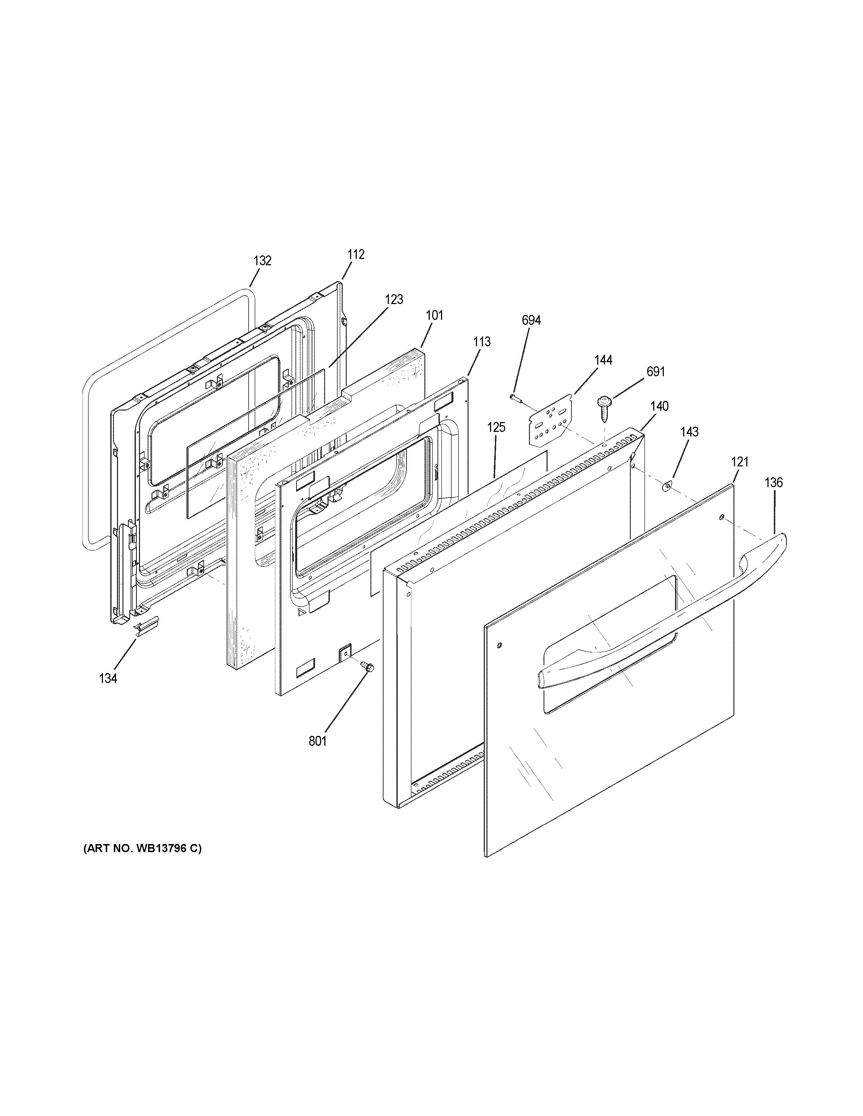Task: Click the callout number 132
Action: [x=262, y=261]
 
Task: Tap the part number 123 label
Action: [x=394, y=299]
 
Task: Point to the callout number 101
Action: [x=435, y=315]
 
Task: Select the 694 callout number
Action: [x=531, y=320]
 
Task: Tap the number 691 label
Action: [x=656, y=372]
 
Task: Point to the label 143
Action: [x=689, y=432]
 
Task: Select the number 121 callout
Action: [x=739, y=462]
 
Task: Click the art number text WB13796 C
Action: [x=143, y=849]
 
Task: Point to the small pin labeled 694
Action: [x=516, y=398]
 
